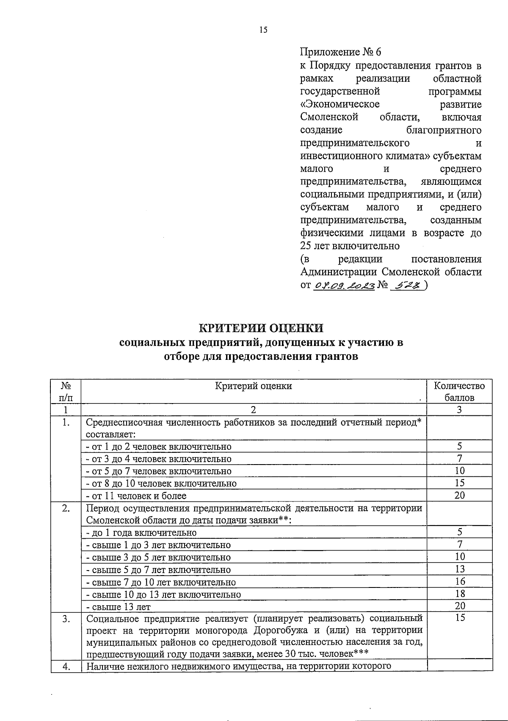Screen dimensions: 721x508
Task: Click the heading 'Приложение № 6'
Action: click(x=341, y=52)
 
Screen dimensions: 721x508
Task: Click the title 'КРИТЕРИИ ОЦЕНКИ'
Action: click(x=261, y=328)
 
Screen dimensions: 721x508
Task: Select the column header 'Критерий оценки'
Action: click(x=253, y=386)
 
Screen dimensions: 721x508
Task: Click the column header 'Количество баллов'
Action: click(x=459, y=392)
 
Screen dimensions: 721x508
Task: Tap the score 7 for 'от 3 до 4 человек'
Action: click(x=459, y=459)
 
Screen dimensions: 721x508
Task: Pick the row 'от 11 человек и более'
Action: click(x=135, y=496)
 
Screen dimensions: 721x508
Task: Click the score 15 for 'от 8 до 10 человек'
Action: click(x=459, y=483)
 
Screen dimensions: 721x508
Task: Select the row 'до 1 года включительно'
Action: click(x=141, y=532)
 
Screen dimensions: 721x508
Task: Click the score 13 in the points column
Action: click(x=459, y=569)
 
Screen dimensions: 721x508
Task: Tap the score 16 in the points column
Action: click(x=459, y=582)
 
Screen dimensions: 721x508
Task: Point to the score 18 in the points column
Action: click(x=459, y=594)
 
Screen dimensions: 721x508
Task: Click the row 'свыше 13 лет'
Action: click(x=118, y=607)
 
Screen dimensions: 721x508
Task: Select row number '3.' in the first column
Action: click(x=66, y=619)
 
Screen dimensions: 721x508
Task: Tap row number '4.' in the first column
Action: click(x=66, y=666)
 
